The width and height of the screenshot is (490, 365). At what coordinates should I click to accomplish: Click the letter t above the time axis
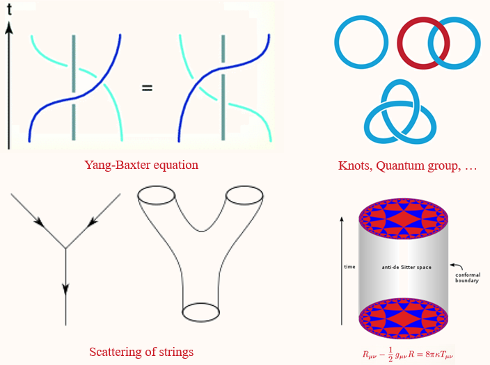pos(10,10)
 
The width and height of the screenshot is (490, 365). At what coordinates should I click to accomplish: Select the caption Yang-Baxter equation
pos(141,165)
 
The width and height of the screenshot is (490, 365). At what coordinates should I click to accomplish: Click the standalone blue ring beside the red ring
pos(359,42)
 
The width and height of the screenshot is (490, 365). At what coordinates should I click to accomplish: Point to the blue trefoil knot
pos(400,112)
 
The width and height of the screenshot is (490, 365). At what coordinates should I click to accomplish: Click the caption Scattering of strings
pos(141,351)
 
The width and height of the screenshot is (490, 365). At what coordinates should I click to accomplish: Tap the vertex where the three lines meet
pos(65,248)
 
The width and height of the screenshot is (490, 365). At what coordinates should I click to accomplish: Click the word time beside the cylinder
pos(349,266)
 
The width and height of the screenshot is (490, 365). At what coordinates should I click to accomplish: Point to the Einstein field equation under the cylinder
pos(411,353)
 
